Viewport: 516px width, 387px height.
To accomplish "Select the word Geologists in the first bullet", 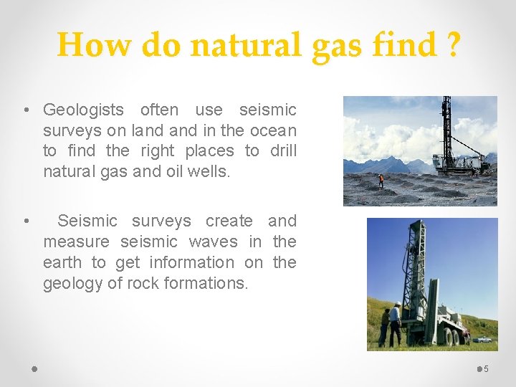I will coord(83,110).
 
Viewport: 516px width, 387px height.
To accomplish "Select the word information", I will coord(191,262).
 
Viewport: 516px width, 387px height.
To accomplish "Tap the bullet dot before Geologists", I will coord(26,110).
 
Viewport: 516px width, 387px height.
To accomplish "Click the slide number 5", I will coord(487,369).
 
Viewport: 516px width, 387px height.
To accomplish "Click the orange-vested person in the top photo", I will coord(381,181).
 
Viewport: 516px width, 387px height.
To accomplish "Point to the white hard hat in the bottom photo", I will coord(397,304).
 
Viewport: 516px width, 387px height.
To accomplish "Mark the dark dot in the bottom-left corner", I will coord(35,369).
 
